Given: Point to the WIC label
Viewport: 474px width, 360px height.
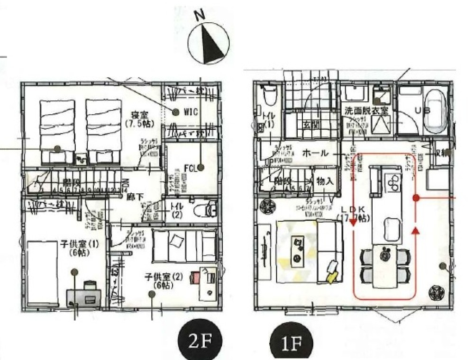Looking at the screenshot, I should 190,112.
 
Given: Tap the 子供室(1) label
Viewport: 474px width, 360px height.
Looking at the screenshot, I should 79,248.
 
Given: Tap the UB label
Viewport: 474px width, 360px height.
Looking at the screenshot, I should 422,110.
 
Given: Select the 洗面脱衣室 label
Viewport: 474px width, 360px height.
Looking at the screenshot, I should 366,110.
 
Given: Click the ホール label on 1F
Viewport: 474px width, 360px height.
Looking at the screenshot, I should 315,153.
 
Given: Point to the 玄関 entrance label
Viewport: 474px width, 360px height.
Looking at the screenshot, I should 310,125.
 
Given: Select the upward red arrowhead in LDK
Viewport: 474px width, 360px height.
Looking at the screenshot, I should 416,231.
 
